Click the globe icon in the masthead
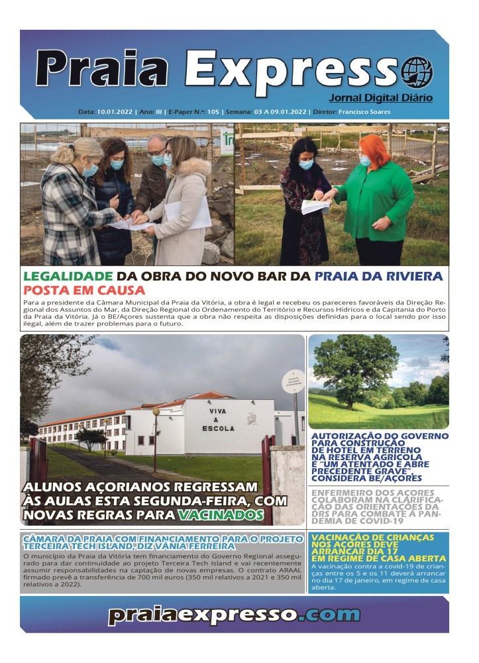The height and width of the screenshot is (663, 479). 417,72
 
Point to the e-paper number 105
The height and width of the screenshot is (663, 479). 213,112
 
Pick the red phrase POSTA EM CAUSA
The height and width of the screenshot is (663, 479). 84,290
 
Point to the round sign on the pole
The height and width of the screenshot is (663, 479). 293,381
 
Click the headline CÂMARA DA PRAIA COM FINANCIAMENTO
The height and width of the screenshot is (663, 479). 139,542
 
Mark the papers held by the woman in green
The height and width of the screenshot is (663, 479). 315,206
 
